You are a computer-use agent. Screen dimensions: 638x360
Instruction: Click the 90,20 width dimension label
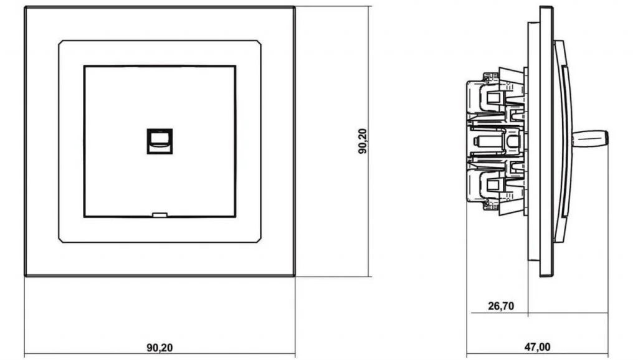159,348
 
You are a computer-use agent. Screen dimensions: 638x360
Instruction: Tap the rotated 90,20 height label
363,141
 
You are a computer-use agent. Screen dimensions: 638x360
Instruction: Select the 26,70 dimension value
501,306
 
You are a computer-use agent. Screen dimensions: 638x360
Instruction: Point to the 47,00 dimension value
537,347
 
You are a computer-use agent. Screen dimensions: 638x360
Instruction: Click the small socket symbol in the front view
159,141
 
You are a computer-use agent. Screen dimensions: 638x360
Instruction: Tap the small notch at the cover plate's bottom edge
159,215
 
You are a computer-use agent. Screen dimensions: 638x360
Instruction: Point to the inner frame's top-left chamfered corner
60,42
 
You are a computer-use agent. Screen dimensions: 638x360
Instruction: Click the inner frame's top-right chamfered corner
259,42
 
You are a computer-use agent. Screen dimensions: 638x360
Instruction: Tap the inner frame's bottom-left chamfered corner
60,240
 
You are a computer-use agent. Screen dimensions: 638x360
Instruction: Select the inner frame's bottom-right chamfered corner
259,240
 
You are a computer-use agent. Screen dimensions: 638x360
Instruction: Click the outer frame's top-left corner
25,7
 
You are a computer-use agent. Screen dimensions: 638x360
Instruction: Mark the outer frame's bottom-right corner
294,276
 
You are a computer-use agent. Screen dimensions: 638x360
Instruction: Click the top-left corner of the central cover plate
84,66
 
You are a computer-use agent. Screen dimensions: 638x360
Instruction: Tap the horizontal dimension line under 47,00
538,354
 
